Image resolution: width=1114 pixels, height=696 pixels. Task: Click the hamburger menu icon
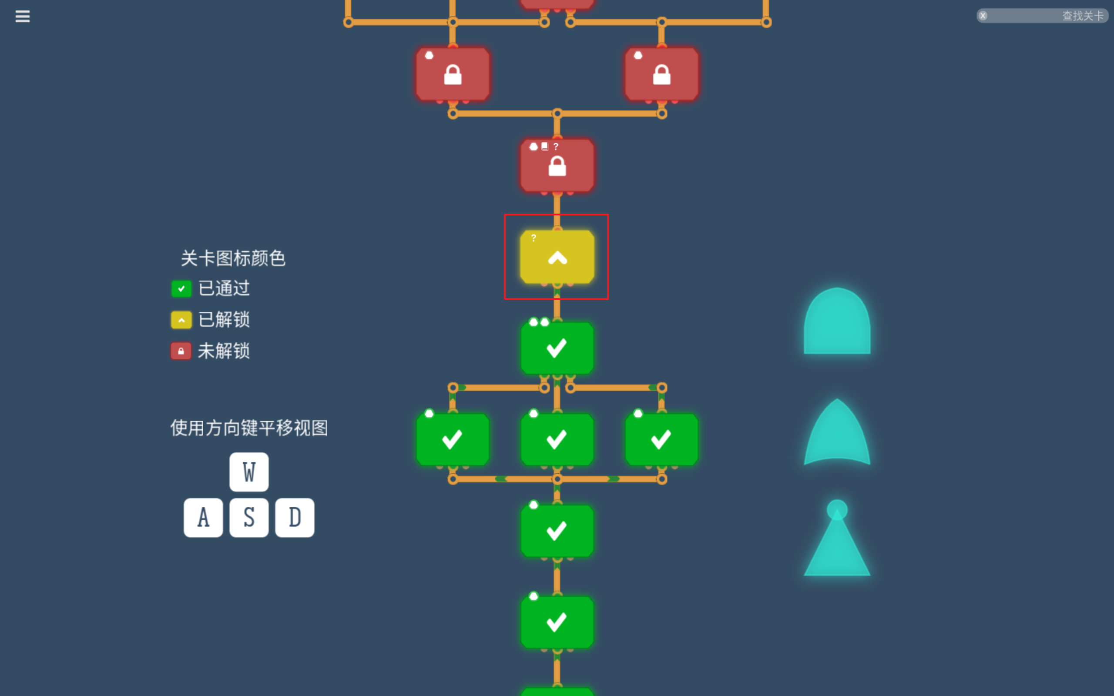click(x=22, y=17)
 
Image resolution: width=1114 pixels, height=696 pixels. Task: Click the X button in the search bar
click(x=983, y=16)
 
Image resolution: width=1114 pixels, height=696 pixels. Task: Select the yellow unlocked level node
click(x=557, y=257)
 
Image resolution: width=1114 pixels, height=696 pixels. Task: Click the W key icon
click(x=249, y=472)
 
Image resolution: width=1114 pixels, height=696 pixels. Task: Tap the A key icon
click(x=203, y=517)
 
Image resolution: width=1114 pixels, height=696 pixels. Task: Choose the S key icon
click(x=249, y=517)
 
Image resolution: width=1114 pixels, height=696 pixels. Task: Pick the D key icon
click(x=295, y=517)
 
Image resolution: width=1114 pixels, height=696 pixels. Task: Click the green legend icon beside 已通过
click(x=181, y=288)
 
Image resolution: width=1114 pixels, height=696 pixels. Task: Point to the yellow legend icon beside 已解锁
click(x=181, y=320)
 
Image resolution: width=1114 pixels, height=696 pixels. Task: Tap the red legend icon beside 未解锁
click(x=181, y=351)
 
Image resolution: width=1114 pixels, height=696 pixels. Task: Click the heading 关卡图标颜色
click(x=233, y=258)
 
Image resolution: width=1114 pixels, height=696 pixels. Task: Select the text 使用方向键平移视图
click(x=249, y=428)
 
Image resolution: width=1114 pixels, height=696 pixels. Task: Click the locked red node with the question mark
click(x=557, y=166)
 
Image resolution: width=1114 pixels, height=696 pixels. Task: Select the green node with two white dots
click(x=557, y=348)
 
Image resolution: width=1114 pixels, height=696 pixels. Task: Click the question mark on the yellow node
click(x=534, y=238)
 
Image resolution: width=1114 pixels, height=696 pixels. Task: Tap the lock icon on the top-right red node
click(x=661, y=75)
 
